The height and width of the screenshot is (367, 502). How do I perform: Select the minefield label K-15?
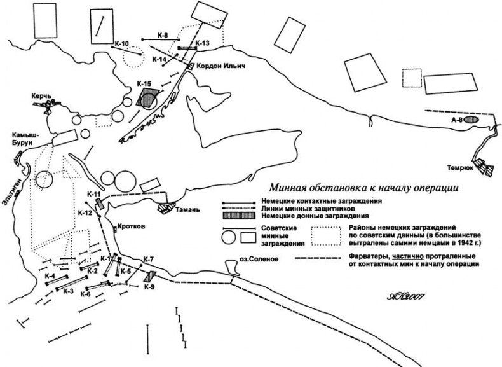[144, 84]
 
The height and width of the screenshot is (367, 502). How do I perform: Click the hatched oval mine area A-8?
[471, 120]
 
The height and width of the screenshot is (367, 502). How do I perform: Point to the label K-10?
[122, 43]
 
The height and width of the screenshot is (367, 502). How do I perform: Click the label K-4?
[50, 275]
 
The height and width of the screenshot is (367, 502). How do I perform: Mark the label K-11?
[93, 194]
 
